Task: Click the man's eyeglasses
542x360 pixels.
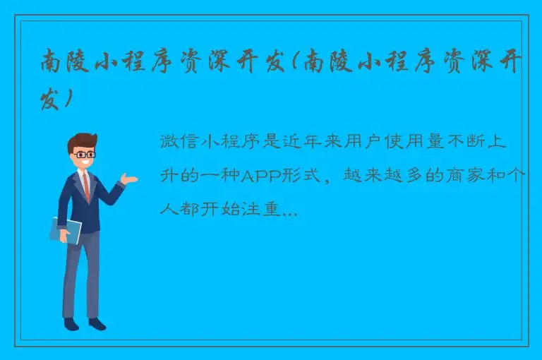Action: [85, 153]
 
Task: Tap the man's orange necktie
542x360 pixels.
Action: [86, 185]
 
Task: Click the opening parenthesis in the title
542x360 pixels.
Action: [293, 63]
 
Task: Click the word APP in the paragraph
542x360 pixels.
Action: [263, 176]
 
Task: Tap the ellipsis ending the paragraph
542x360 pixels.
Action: [289, 210]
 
